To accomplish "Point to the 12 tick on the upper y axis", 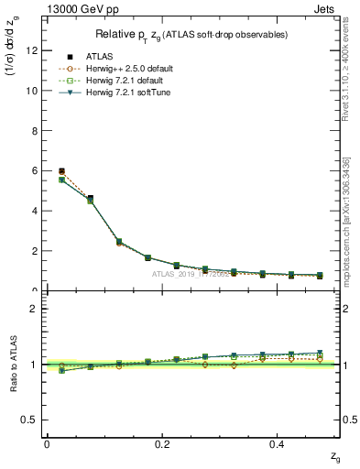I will point(33,50).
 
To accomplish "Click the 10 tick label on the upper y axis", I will point(33,91).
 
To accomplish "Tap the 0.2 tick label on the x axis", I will point(163,443).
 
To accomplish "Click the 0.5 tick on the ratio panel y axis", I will point(31,420).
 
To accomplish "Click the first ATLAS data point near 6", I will point(61,171).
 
